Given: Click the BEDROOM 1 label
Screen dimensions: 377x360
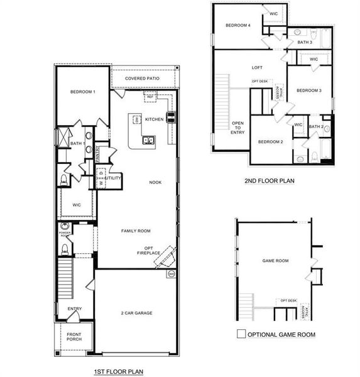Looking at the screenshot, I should coord(82,92).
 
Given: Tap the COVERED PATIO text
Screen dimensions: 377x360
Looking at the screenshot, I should coord(141,79).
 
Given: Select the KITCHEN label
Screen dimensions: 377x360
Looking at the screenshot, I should coord(155,119).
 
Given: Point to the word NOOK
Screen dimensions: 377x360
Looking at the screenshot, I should coord(155,182).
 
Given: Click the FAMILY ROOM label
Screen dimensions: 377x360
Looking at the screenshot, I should coord(136,231).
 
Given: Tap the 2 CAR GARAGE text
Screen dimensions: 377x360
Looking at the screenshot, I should coord(136,313).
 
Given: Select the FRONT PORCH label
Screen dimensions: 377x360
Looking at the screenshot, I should coord(74,337).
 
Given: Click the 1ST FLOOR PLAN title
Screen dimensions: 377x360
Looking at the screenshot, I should coord(118,372).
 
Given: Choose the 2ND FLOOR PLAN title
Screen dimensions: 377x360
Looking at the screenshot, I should coord(269,181).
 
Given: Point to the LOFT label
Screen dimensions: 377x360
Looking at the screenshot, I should coord(257,68).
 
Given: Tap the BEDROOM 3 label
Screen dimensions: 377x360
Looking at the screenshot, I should coord(308,90).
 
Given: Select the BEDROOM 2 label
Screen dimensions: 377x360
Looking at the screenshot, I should coord(270,142).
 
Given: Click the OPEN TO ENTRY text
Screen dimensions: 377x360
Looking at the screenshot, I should coord(238,128).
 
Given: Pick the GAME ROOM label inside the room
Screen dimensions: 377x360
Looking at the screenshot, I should coord(275,260).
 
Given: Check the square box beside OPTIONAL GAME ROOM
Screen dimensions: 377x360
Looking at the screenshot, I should coord(241,334).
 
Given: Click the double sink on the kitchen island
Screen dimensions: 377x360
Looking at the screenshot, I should coord(149,140).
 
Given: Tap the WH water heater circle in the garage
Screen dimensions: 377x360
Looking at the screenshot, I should coord(171,275).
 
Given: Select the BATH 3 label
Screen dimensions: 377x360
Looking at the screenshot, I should coord(305,43).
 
